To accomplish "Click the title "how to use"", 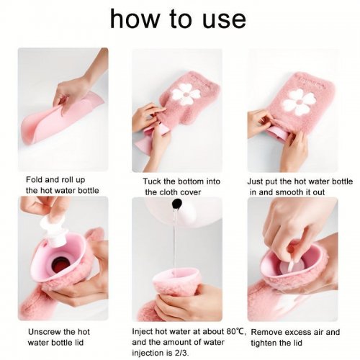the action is click(x=178, y=19).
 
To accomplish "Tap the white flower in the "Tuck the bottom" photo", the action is click(x=186, y=94).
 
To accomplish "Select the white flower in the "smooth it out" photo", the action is click(x=300, y=102).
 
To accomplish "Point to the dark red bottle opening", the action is click(x=60, y=264).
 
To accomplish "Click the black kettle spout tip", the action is click(x=177, y=204).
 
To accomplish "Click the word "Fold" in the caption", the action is click(x=34, y=179).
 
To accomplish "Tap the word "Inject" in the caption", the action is click(x=143, y=332).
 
